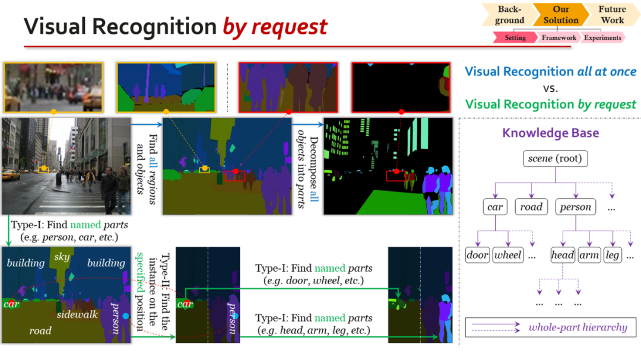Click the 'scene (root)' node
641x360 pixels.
tap(555, 158)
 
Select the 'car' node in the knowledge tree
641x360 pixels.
tap(495, 207)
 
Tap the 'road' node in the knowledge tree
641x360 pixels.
tap(531, 207)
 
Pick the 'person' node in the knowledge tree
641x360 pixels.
tap(575, 207)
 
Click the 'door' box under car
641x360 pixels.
tap(477, 256)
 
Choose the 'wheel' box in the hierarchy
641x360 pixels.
tap(507, 256)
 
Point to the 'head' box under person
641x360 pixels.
tap(562, 256)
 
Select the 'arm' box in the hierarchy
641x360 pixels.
tap(589, 256)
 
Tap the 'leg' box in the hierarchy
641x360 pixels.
tap(613, 256)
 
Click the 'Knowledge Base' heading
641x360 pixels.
tap(550, 132)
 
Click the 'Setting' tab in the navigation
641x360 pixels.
tap(515, 38)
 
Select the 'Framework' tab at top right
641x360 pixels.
tap(559, 38)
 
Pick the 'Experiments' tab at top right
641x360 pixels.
tap(602, 38)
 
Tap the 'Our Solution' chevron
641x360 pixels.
tap(560, 15)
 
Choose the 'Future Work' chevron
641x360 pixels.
tap(612, 15)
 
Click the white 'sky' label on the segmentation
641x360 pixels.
tap(62, 257)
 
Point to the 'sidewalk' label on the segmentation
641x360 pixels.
tap(77, 314)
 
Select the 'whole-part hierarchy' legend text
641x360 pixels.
tap(577, 327)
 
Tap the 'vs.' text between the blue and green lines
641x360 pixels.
tap(550, 88)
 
